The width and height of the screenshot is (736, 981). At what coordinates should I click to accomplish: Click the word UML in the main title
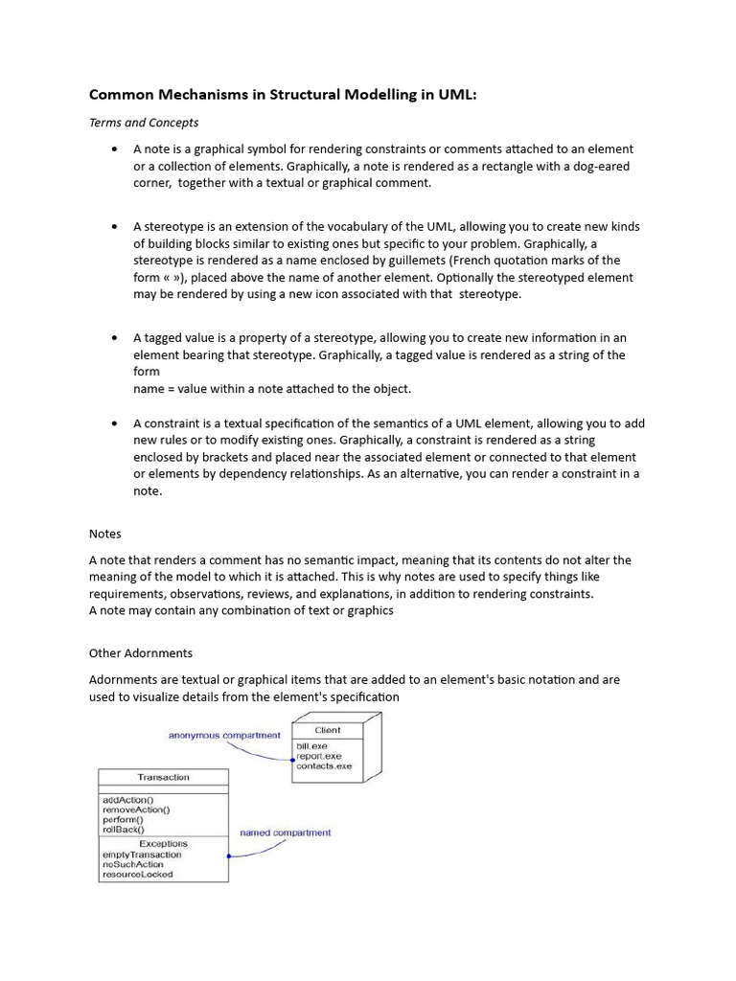tap(455, 95)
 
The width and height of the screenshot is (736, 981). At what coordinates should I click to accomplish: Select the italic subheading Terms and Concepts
tap(144, 123)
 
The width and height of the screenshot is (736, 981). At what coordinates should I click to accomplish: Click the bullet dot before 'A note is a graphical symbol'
tap(115, 149)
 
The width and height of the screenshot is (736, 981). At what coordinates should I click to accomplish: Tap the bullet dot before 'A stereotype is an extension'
tap(115, 227)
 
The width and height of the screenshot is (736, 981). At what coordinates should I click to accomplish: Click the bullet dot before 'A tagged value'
tap(115, 338)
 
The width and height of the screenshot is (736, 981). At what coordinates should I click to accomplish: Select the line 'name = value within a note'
tap(272, 389)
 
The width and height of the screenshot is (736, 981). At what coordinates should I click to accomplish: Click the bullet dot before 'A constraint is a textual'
tap(115, 423)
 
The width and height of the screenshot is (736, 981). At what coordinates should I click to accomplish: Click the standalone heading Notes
tap(105, 534)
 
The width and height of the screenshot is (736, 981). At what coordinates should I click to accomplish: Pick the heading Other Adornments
tap(141, 653)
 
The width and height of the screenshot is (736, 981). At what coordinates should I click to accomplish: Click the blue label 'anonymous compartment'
tap(224, 735)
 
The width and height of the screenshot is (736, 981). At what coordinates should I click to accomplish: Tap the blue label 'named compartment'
tap(286, 833)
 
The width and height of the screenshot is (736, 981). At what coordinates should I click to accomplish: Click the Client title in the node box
tap(327, 730)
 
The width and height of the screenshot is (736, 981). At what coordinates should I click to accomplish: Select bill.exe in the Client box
tap(311, 745)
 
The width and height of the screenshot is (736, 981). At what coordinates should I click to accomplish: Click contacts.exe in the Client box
tap(324, 766)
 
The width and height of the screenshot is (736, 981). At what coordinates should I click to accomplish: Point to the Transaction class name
tap(163, 777)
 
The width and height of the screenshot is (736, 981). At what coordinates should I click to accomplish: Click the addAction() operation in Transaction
tap(127, 799)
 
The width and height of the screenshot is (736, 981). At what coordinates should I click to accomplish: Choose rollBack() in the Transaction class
tap(123, 830)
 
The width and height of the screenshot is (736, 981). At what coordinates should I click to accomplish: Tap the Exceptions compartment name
tap(163, 844)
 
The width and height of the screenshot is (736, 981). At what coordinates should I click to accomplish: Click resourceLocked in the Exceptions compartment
tap(137, 875)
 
